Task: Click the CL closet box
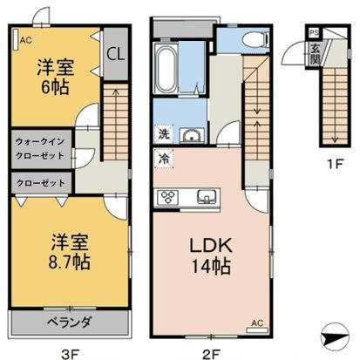tap(115, 53)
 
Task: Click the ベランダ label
tap(66, 322)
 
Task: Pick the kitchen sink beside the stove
tap(206, 196)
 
